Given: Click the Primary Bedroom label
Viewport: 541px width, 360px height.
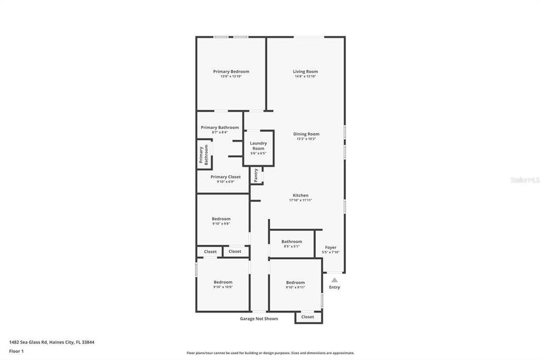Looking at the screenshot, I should tap(231, 71).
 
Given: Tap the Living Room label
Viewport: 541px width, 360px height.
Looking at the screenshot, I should tap(306, 71).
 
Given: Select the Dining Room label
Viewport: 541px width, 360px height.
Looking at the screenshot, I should tap(306, 134).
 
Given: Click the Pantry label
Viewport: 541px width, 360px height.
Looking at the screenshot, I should tap(256, 175).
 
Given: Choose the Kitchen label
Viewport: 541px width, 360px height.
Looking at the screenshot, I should tap(300, 196).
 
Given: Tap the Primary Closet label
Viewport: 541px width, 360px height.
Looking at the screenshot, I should tap(225, 177).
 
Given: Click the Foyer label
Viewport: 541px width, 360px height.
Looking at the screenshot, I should tap(331, 247).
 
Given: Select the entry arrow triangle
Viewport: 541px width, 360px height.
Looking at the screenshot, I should tap(334, 279).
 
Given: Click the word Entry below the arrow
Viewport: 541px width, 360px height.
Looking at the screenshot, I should tap(334, 287).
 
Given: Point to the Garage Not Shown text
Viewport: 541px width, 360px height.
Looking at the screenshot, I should tap(259, 319).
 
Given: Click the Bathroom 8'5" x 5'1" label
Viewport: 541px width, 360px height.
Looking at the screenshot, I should tap(292, 242).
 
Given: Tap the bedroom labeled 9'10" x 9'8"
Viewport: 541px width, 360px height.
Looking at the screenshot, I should tap(221, 219).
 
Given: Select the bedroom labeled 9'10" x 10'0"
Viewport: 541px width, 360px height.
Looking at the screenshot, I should tap(223, 282).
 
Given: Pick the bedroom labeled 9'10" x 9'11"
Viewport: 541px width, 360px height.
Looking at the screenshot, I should tap(295, 283).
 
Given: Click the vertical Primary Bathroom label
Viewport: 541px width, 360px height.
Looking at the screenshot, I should tap(204, 155).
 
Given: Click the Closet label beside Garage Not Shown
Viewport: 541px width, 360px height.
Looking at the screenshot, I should tap(307, 317).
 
